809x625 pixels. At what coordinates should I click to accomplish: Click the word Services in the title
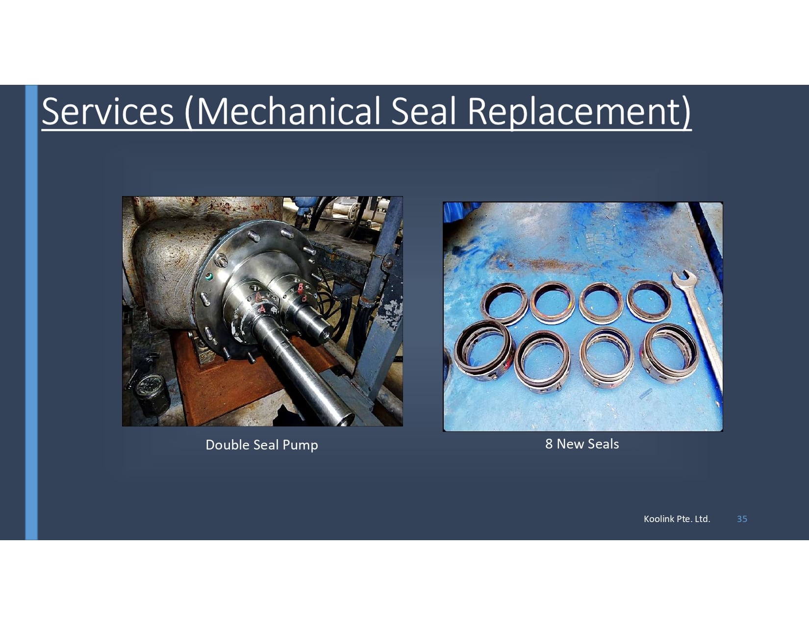click(x=107, y=111)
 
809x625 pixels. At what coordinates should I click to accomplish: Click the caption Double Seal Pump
click(x=262, y=445)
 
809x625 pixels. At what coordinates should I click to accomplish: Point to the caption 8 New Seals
click(x=582, y=444)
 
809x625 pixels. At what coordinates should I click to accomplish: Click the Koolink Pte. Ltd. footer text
click(x=677, y=519)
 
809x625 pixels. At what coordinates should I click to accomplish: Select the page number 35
click(x=742, y=519)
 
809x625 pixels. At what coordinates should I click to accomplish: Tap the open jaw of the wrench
click(x=683, y=279)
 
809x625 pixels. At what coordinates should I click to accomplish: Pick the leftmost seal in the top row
click(x=505, y=303)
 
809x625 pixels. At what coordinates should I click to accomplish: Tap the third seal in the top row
click(x=601, y=302)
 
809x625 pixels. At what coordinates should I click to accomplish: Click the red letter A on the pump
click(x=262, y=309)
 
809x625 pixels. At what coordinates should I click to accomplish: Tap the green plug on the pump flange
click(x=209, y=277)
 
